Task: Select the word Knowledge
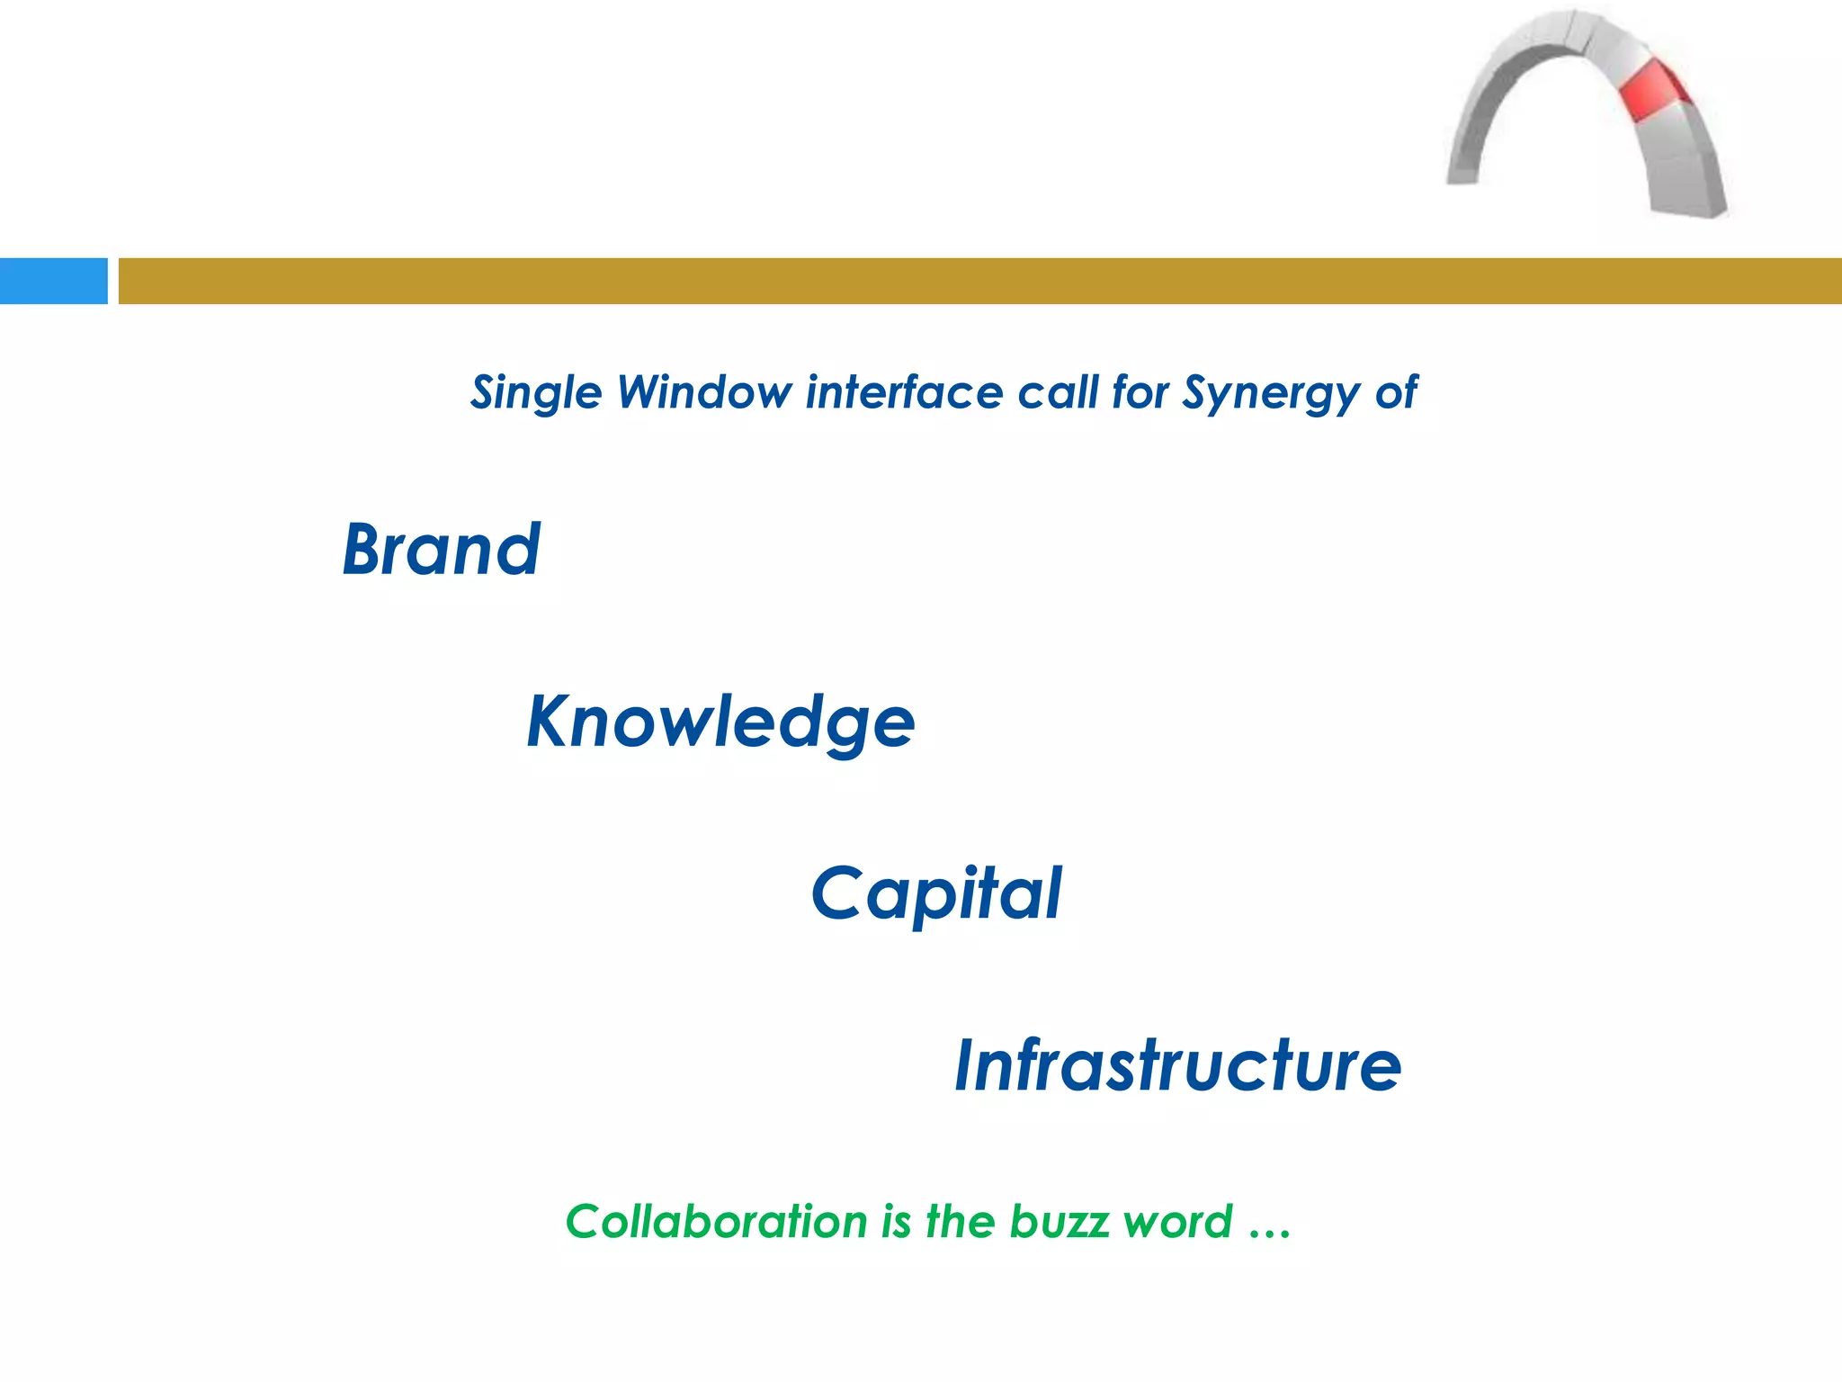pos(720,722)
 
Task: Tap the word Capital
pos(936,893)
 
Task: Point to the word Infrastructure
pos(1177,1065)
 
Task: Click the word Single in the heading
pos(536,393)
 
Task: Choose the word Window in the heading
pos(704,392)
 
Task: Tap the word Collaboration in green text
pos(716,1222)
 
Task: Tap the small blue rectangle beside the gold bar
pos(53,281)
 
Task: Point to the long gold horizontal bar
pos(979,281)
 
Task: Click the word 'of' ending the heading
pos(1397,392)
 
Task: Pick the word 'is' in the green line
pos(896,1222)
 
